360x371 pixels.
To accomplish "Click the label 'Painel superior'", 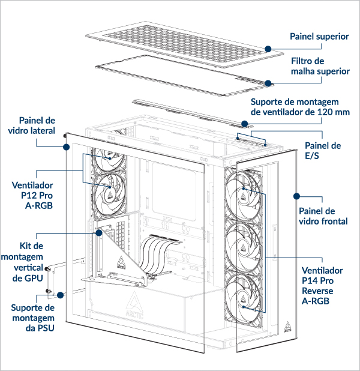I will pos(319,37).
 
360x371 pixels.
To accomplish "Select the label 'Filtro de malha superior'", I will pos(320,66).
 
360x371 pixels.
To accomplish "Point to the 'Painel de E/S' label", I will pos(323,151).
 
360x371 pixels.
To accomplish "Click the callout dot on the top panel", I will pos(268,49).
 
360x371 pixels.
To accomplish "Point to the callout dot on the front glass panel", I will pos(296,196).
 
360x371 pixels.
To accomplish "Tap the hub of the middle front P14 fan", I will pos(244,246).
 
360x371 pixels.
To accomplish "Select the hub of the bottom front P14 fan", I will pos(244,297).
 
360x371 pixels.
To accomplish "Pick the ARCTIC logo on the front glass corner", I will pos(289,327).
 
